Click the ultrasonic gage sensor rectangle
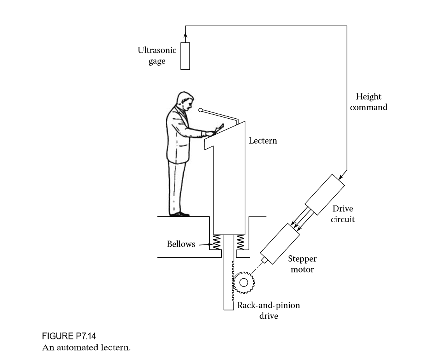[185, 56]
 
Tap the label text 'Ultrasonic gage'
[157, 56]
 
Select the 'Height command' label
[368, 102]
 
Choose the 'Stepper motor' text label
[302, 264]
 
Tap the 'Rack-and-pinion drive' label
[268, 310]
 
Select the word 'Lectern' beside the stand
[263, 141]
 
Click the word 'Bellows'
[181, 244]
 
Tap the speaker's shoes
[179, 214]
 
